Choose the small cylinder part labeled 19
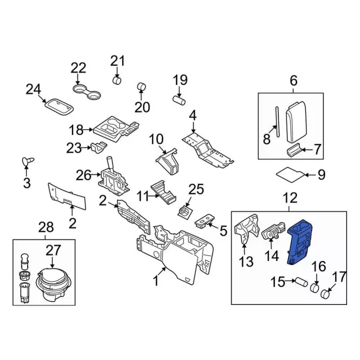click(178, 100)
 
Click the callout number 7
click(317, 150)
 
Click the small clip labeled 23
click(99, 147)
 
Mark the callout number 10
click(155, 138)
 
